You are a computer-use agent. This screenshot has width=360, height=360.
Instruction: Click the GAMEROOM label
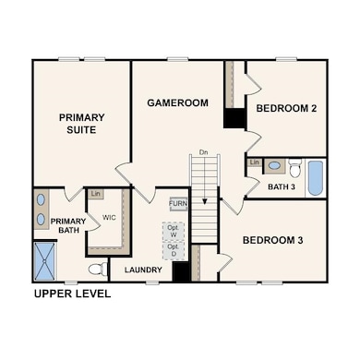177,102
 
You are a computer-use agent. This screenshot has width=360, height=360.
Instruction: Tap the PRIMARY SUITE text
81,124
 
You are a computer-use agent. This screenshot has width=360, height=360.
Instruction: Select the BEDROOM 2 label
286,108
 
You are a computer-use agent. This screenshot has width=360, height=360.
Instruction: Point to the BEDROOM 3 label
273,240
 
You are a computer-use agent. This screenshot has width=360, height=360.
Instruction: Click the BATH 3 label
282,186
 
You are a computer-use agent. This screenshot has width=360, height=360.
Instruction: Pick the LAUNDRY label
143,270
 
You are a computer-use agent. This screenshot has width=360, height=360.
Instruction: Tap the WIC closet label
109,218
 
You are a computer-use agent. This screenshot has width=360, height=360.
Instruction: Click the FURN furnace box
178,204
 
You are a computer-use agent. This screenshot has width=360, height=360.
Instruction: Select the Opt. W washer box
174,231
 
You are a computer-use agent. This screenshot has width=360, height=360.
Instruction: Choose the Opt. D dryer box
174,250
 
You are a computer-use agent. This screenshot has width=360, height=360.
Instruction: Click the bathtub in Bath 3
316,178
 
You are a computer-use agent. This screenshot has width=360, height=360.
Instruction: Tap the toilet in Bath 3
294,168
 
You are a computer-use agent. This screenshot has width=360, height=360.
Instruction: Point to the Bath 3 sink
274,165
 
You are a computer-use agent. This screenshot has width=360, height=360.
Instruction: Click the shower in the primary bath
44,261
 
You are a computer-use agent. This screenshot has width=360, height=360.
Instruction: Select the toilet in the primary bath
98,270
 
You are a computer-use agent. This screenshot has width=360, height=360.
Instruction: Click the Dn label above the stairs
203,152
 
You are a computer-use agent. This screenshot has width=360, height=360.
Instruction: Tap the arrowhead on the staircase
205,201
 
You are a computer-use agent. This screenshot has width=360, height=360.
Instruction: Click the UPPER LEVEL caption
73,294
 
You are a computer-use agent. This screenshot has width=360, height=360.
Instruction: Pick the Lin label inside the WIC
96,194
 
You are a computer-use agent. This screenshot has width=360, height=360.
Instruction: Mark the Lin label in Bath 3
254,162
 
